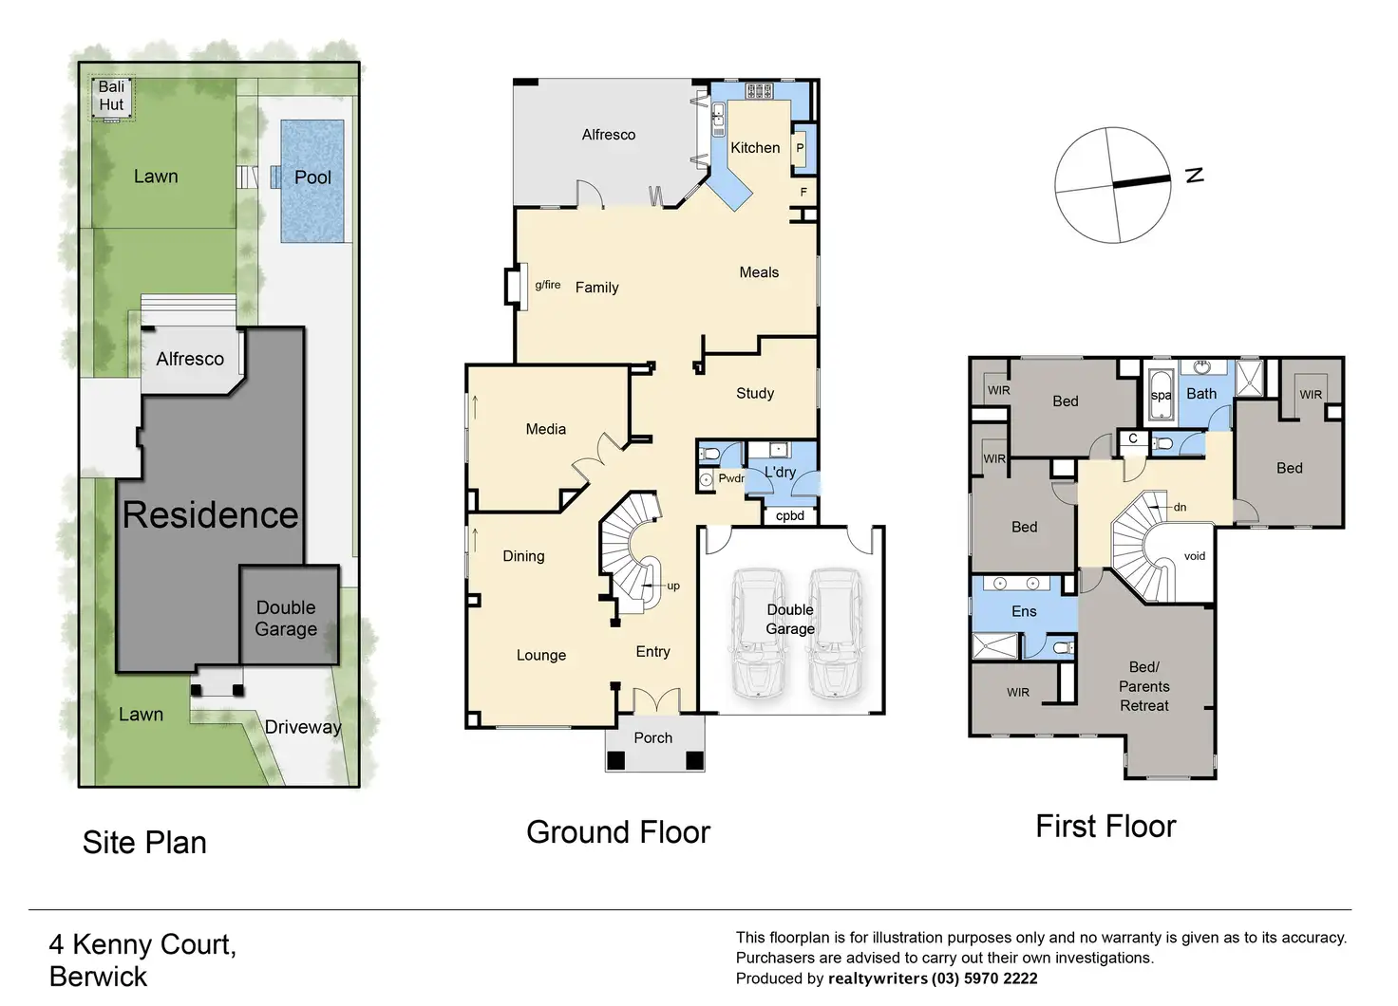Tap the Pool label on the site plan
312,177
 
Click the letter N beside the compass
1195,176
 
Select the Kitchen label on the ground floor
755,148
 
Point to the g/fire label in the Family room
547,285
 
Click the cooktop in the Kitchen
759,91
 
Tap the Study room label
755,394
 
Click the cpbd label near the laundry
789,516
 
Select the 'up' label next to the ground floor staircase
672,587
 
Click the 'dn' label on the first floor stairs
1180,508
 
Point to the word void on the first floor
1195,556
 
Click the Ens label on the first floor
1024,612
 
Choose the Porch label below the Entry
652,738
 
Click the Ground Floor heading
618,832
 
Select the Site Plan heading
144,843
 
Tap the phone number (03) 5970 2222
984,979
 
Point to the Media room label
545,430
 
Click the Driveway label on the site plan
303,727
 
